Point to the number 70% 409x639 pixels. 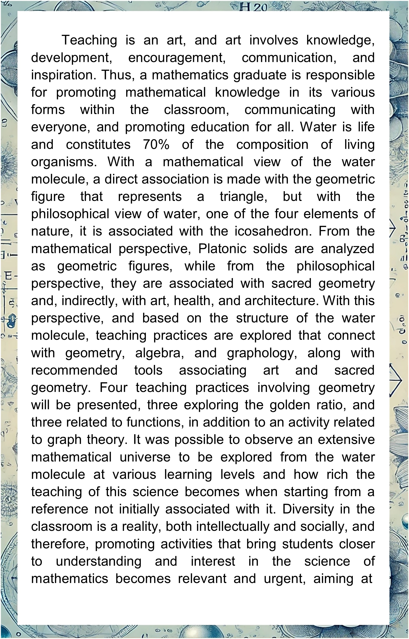[x=156, y=145]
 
